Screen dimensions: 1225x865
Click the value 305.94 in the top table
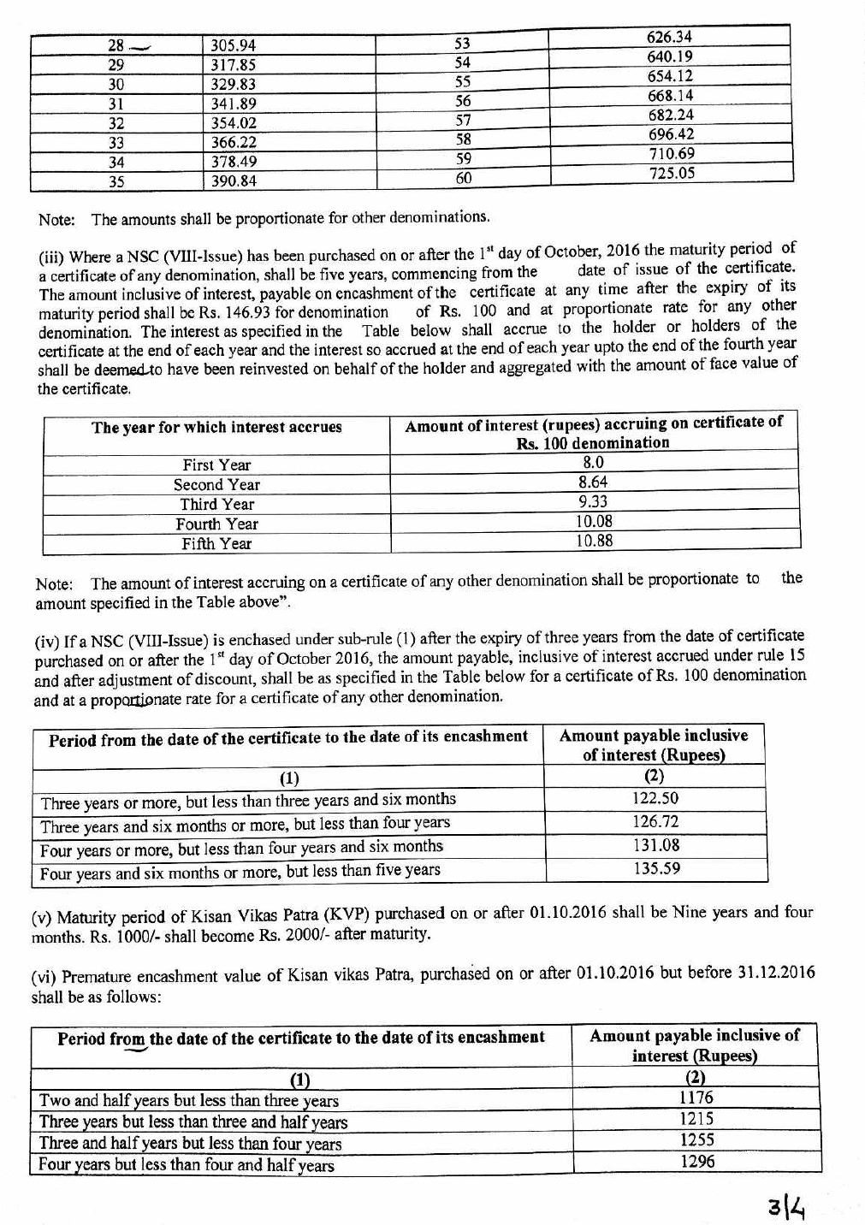pos(234,45)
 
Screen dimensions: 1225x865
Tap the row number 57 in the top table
pos(463,120)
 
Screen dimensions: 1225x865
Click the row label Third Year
pos(216,505)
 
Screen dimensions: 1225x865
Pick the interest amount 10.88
pos(594,541)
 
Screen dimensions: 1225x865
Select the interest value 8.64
pos(593,482)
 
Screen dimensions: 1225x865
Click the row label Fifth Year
pos(216,544)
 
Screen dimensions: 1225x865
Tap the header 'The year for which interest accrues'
pos(216,428)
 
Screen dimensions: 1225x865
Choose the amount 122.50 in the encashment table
pos(655,798)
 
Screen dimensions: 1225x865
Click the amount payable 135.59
pos(656,868)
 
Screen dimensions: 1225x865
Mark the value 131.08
pos(656,845)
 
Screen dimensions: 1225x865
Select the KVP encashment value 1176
pos(696,1098)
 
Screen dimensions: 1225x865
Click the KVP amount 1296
pos(696,1162)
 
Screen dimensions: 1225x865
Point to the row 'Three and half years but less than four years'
pos(190,1144)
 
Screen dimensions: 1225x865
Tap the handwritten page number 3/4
pos(787,1208)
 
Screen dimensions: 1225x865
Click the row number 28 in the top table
pos(116,45)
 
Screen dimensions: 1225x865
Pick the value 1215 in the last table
pos(696,1119)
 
